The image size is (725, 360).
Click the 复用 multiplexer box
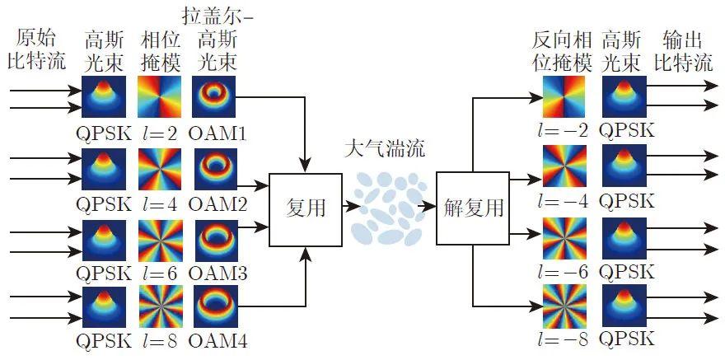coord(305,209)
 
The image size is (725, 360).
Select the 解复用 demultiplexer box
coord(473,208)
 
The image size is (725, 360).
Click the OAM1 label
coord(217,133)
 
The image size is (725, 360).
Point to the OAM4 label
coord(217,342)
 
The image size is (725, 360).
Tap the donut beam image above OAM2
coord(216,169)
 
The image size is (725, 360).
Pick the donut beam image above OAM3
coord(216,238)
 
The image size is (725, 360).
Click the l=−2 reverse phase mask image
coord(564,96)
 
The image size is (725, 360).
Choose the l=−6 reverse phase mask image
coord(564,237)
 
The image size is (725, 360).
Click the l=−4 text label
coord(564,202)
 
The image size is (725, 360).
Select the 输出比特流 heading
coord(683,51)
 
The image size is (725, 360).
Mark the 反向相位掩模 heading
coord(562,51)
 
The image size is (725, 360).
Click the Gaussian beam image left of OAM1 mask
coord(104,97)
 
